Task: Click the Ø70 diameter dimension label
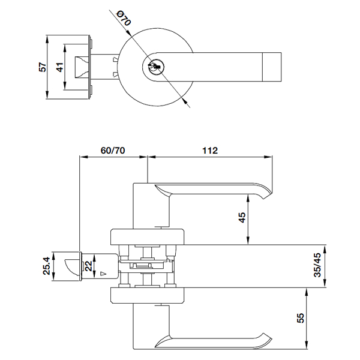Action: click(124, 19)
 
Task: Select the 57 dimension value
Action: click(43, 67)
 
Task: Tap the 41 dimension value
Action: click(59, 67)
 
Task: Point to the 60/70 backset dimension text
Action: click(113, 151)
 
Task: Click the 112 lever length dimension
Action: click(210, 151)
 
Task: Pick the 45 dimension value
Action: click(242, 217)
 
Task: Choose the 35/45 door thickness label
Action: click(317, 265)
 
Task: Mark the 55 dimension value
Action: click(300, 318)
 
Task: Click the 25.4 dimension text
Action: click(46, 266)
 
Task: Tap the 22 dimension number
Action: click(88, 266)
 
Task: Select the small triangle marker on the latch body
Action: click(104, 274)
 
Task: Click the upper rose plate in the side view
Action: click(148, 236)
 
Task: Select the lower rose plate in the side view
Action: click(148, 295)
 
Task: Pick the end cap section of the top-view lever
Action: click(272, 67)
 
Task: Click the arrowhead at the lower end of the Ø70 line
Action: click(184, 100)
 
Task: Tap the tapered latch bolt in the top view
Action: click(82, 67)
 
